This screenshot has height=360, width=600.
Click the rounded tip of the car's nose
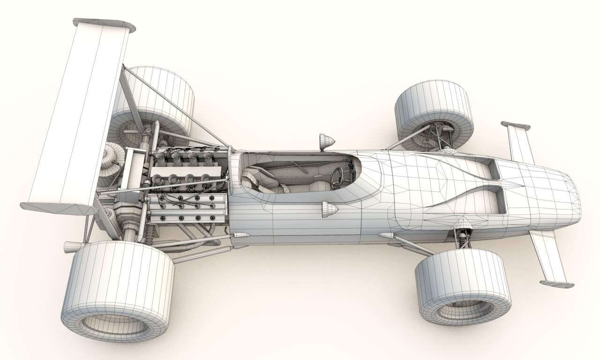click(574, 199)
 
